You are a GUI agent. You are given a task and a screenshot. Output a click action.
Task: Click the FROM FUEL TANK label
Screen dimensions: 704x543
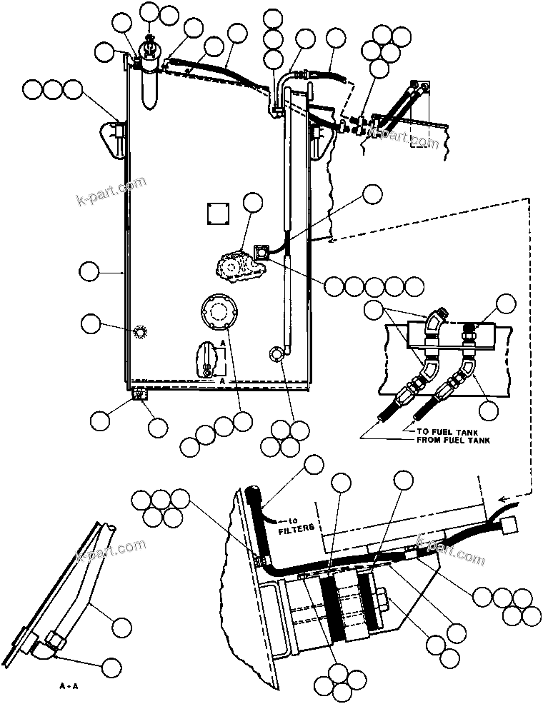pos(454,441)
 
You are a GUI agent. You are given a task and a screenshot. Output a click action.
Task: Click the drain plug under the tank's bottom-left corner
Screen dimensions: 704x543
pos(139,393)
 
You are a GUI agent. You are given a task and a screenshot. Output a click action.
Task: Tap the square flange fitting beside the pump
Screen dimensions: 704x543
pos(262,251)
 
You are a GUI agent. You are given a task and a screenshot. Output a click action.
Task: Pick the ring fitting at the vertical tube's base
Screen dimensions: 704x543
pos(277,353)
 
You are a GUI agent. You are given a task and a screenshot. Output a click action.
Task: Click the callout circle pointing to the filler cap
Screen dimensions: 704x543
pos(150,12)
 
